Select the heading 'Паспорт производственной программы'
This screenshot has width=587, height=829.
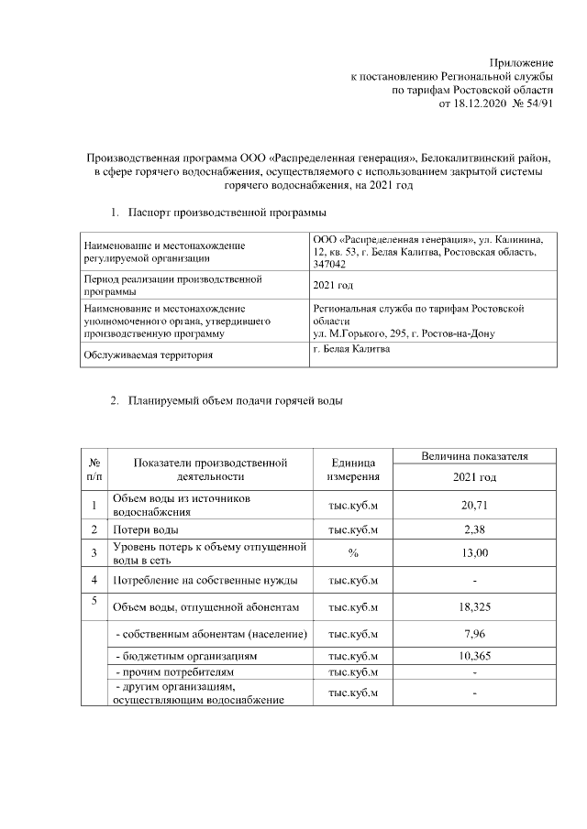tap(227, 213)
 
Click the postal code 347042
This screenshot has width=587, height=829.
tap(329, 263)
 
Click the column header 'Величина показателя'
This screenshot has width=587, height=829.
tap(474, 455)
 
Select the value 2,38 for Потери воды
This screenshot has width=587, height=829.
tap(474, 530)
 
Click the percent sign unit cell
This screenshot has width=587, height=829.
tap(353, 553)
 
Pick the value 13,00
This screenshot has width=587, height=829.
tap(474, 553)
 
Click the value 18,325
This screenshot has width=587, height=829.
tap(474, 606)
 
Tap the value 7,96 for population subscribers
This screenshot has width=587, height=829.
tap(474, 634)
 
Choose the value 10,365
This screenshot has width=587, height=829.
tap(474, 657)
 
